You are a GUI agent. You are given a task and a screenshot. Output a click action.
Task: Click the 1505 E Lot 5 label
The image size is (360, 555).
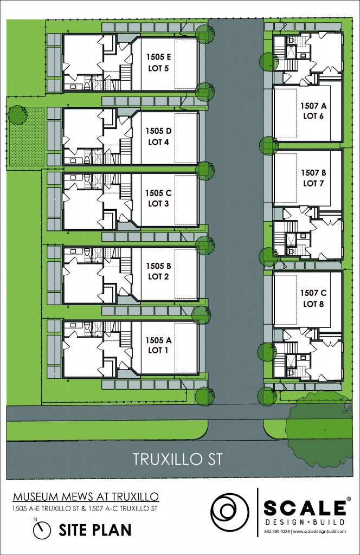[x=158, y=62]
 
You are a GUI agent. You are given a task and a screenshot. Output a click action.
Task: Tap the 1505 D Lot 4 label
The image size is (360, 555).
[x=158, y=137]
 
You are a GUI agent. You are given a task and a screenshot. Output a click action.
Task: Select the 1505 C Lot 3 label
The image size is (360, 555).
[x=158, y=198]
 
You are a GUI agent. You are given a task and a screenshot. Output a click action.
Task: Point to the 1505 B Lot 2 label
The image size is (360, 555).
[x=158, y=271]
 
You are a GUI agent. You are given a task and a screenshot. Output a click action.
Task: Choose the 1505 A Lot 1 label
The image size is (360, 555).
[x=158, y=345]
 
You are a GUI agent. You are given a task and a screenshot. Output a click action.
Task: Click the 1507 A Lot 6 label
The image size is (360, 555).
[x=313, y=111]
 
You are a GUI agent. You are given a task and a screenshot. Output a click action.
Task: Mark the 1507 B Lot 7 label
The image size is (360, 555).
[x=313, y=178]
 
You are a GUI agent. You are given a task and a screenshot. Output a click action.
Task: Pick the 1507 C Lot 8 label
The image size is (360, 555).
[x=313, y=299]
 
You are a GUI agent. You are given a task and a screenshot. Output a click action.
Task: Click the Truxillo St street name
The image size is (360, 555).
[x=178, y=459]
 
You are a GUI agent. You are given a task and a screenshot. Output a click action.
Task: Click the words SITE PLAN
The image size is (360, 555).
[x=95, y=531]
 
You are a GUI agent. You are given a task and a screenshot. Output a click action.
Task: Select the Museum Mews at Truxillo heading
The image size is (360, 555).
[x=86, y=496]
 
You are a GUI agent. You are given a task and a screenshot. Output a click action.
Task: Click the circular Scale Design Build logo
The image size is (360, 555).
[x=230, y=512]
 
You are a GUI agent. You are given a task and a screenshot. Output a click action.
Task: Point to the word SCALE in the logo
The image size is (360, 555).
[x=304, y=508]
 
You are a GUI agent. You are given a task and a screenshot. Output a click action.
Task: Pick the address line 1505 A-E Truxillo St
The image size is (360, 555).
[x=47, y=509]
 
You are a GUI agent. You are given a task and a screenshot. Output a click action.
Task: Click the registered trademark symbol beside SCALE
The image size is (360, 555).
[x=349, y=499]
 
